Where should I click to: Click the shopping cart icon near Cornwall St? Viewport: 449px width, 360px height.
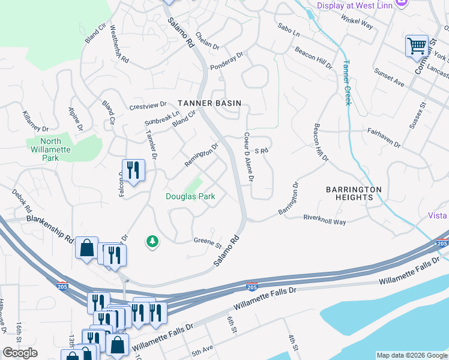point(417,46)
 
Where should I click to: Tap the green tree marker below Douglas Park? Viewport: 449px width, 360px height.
point(152,241)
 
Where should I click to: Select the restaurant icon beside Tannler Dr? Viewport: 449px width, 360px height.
point(133,170)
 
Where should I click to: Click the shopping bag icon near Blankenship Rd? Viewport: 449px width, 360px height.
point(86,247)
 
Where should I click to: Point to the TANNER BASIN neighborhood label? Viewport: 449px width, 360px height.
point(209,103)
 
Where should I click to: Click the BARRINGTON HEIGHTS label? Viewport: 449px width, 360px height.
point(354,193)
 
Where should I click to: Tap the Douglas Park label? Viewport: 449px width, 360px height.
point(190,196)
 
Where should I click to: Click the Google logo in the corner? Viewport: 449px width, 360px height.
point(20,353)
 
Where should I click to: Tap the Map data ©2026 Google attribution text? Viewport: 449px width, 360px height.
point(411,355)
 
